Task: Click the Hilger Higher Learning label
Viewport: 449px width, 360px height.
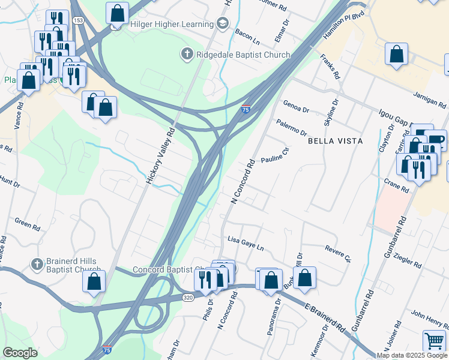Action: point(171,25)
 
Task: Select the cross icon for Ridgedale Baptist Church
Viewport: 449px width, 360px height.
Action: point(187,55)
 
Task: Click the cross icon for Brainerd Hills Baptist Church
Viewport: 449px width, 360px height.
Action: point(37,264)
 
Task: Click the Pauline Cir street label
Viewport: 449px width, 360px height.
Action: point(276,155)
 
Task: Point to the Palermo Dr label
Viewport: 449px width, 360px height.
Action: point(292,127)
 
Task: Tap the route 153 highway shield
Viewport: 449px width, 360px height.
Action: point(78,20)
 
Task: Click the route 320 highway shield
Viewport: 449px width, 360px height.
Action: point(188,297)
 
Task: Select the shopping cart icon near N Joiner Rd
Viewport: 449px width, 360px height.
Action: point(434,341)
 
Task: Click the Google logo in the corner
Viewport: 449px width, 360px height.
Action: point(20,353)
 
